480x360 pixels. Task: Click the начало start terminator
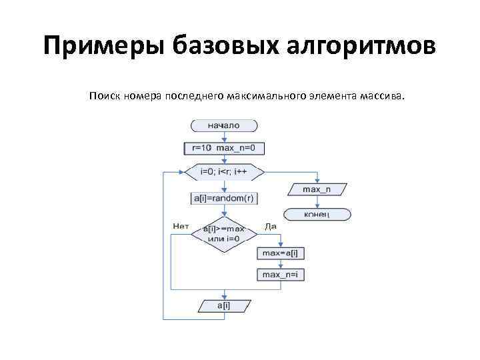point(224,125)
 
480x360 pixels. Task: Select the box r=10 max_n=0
point(224,147)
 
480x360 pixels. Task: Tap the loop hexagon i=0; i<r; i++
point(224,172)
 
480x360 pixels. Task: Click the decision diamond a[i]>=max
point(224,233)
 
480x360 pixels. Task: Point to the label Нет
point(181,226)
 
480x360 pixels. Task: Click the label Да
point(271,227)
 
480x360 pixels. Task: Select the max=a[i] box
point(279,254)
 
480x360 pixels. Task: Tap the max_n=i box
point(279,275)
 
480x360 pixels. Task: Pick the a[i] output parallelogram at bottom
point(224,305)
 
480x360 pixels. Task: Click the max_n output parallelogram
point(316,190)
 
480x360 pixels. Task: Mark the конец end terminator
point(316,214)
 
